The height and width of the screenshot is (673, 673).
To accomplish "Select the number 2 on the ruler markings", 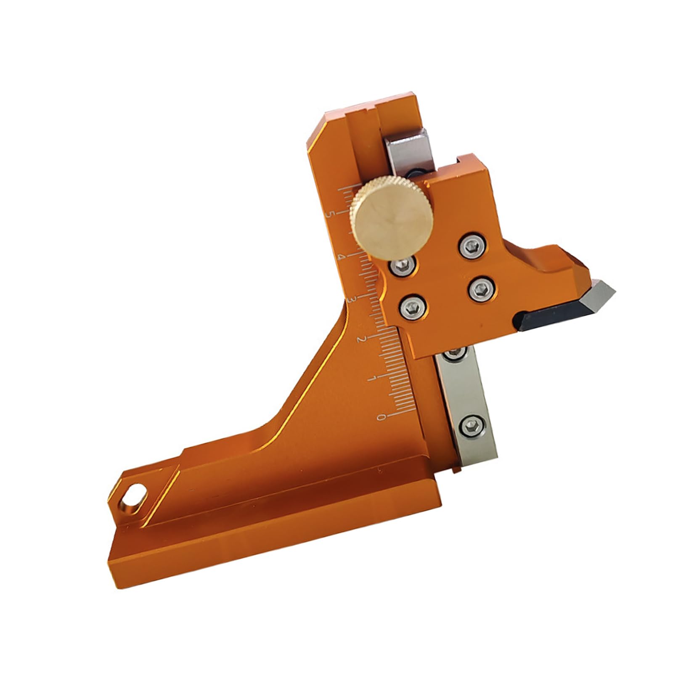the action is tap(360, 339).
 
